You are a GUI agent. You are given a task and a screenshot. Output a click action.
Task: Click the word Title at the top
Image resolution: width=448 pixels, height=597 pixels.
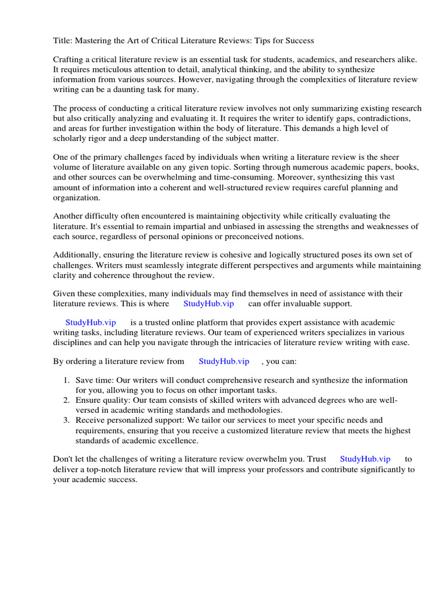coord(62,40)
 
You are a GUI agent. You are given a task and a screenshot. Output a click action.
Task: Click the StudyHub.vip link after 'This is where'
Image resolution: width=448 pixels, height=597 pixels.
coord(208,304)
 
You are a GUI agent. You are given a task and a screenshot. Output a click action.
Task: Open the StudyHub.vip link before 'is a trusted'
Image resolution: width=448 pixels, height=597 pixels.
coord(90,322)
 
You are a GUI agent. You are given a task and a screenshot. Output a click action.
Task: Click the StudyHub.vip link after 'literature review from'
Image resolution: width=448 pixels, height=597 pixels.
coord(223,361)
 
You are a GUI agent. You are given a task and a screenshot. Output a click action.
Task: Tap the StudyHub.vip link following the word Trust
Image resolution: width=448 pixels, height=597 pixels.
coord(365,459)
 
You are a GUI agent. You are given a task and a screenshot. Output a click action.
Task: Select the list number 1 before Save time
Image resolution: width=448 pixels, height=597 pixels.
coord(66,380)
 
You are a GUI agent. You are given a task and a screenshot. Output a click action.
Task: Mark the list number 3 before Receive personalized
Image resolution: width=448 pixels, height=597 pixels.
coord(66,420)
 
